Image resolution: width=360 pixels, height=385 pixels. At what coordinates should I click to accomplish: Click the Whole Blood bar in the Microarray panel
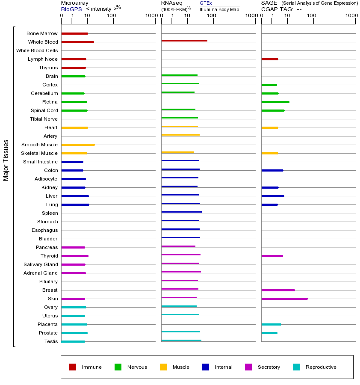77,42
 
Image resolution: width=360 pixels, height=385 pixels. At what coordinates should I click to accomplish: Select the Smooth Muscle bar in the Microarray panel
78,145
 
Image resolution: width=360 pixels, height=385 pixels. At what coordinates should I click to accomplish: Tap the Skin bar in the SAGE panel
284,299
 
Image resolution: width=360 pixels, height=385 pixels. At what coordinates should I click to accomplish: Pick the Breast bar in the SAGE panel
278,290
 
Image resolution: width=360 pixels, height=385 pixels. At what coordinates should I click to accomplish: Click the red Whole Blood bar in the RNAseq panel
184,41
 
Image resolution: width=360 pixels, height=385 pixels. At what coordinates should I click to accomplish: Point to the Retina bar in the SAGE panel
275,102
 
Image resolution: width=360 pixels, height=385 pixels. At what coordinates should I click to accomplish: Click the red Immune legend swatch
73,367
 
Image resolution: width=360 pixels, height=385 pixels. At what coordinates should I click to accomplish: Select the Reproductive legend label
321,367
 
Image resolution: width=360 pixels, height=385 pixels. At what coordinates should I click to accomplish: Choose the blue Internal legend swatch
206,367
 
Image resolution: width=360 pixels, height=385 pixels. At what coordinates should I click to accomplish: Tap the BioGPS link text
70,9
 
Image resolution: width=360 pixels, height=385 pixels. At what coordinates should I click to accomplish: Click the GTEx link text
206,3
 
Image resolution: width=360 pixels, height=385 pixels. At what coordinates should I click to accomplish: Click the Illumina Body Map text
219,9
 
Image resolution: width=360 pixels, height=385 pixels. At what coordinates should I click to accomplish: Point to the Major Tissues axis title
6,160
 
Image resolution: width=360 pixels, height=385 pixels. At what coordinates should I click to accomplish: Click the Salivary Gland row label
41,264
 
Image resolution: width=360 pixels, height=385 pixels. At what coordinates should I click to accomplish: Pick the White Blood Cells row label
37,50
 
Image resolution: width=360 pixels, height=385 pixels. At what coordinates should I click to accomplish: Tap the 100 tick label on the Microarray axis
112,16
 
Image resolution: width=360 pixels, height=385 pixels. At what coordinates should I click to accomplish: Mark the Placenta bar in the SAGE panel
271,324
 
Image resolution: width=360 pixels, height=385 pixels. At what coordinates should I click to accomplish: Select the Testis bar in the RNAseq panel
181,340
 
